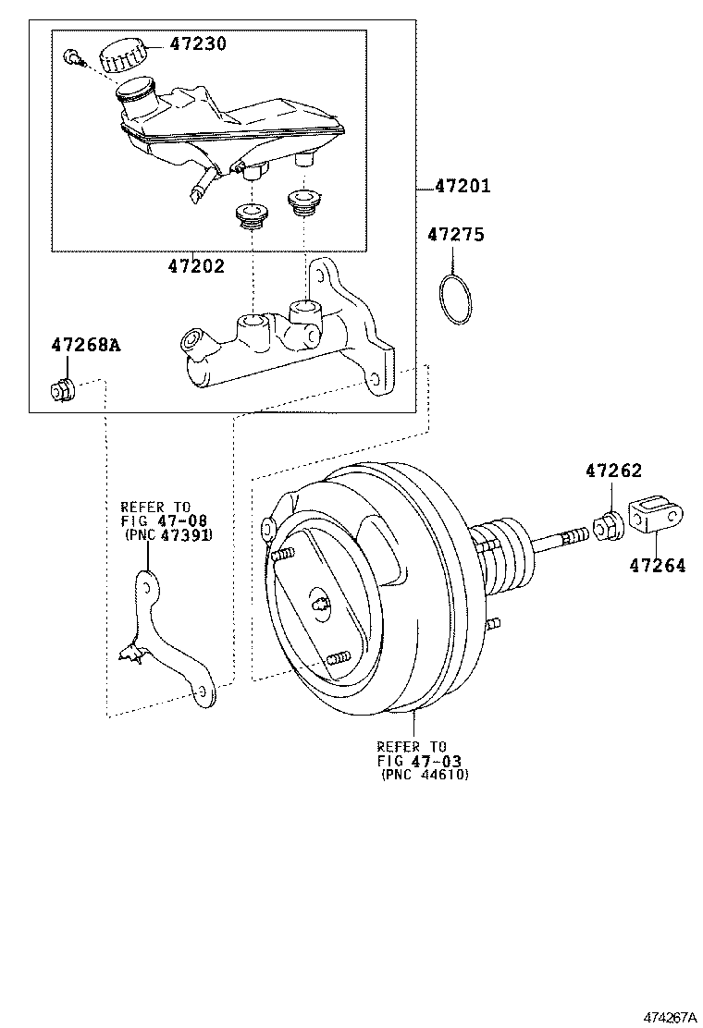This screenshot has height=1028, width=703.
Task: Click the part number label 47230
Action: (197, 43)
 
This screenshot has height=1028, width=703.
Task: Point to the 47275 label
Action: (455, 236)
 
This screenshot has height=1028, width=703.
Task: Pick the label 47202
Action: (196, 266)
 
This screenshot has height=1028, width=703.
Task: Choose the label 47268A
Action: (85, 346)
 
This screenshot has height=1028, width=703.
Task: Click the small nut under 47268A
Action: (63, 390)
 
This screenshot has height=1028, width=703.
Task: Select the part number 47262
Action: (612, 471)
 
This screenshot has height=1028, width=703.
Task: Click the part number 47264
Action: (659, 565)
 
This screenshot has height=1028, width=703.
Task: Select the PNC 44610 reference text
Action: (425, 775)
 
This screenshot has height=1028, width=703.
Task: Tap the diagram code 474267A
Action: (671, 1017)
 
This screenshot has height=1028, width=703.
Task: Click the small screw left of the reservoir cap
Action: (73, 58)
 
